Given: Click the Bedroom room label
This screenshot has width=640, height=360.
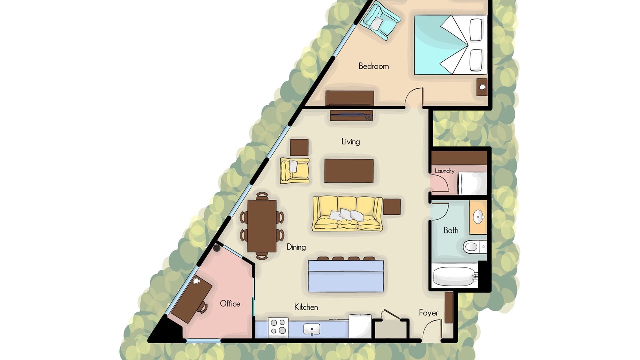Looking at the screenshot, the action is click(x=373, y=66).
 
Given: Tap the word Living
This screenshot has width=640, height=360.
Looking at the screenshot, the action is click(x=351, y=142).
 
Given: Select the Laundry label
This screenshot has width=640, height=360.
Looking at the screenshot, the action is click(x=445, y=171).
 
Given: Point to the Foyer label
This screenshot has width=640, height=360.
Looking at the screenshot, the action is click(x=428, y=313).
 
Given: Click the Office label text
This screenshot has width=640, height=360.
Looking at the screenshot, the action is click(x=230, y=304).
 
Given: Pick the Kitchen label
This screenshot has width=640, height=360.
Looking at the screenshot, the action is click(x=306, y=307).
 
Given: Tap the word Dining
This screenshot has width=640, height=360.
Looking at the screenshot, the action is click(x=296, y=247).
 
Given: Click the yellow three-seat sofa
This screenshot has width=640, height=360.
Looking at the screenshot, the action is click(x=347, y=213).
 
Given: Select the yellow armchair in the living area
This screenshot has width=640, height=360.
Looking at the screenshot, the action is click(x=295, y=171).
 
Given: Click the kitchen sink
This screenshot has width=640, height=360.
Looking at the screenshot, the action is click(x=311, y=330).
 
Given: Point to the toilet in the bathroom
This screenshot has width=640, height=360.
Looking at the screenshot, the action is click(x=474, y=247).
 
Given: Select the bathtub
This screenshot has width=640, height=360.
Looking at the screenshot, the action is click(x=454, y=277).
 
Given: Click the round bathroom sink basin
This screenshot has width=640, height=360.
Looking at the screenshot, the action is click(x=478, y=217).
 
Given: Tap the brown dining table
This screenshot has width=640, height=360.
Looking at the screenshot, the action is click(x=262, y=226).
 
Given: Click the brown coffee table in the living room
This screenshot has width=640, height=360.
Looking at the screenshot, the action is click(x=349, y=171).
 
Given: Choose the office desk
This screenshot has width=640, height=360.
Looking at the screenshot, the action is click(x=192, y=299).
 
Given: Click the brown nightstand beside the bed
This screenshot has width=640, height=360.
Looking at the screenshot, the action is click(x=482, y=87).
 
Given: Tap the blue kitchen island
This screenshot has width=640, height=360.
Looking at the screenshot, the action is click(x=346, y=276).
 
